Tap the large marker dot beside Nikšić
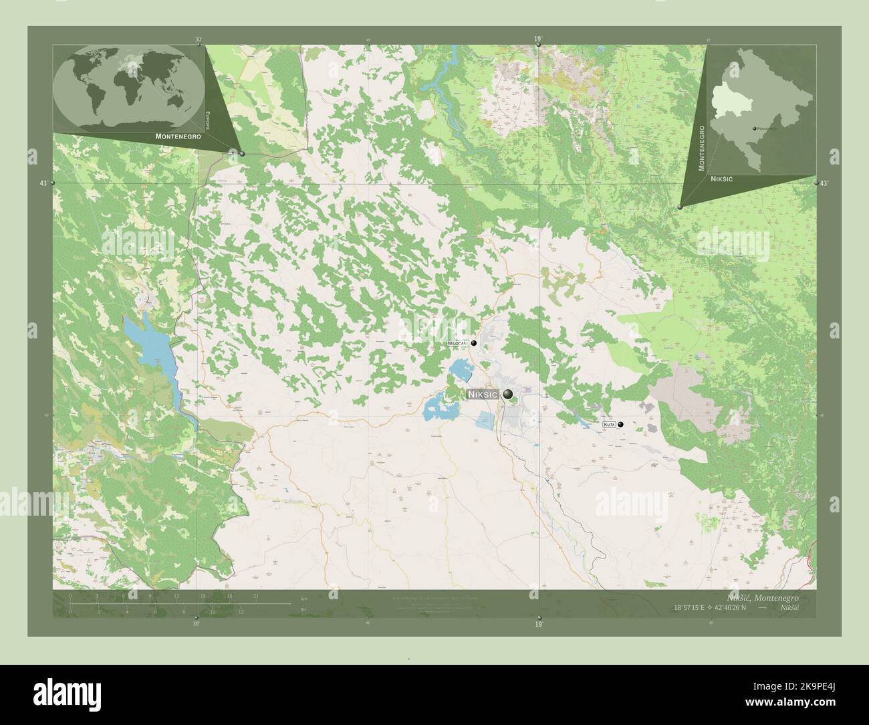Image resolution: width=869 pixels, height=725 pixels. point(509,395)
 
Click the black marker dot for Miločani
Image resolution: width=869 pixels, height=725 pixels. point(474,343)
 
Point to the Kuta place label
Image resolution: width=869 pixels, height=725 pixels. point(608,424)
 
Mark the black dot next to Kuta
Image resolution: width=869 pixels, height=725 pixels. point(621,424)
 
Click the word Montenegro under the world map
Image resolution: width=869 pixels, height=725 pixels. point(178,136)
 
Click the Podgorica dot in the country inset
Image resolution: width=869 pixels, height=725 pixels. point(755,128)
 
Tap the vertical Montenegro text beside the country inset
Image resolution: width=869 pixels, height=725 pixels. point(702,148)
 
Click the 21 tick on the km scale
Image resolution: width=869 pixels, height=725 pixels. point(255,595)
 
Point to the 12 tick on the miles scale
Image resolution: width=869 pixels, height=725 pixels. point(240,611)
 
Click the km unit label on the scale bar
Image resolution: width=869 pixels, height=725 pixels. point(304,598)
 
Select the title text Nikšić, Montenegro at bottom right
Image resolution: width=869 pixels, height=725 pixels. point(761,597)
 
